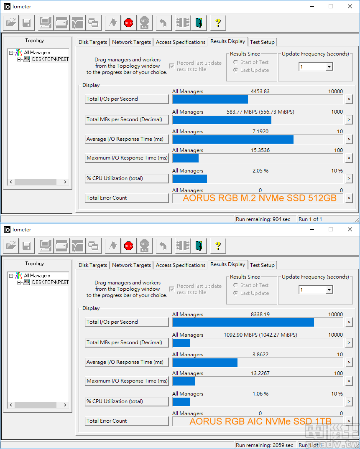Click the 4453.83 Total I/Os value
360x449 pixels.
tap(260, 91)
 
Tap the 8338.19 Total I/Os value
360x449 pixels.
tap(260, 315)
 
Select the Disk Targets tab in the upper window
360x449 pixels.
tap(93, 42)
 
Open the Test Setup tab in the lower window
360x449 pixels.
tap(262, 265)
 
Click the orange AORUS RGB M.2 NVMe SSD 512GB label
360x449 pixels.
tap(260, 198)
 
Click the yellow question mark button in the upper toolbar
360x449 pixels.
tap(218, 23)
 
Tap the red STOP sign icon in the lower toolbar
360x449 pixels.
tap(128, 246)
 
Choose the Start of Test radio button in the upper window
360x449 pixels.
tap(236, 62)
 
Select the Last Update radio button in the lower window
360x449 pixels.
tap(236, 293)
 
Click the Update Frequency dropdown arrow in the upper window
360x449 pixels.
tap(329, 67)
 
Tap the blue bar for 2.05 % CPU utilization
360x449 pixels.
tap(190, 179)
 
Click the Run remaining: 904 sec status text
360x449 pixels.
tap(263, 219)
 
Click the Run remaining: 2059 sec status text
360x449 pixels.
tap(264, 445)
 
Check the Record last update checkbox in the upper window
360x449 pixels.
tap(172, 66)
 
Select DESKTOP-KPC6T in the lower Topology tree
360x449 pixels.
tap(50, 282)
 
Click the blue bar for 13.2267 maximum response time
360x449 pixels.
tap(184, 381)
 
